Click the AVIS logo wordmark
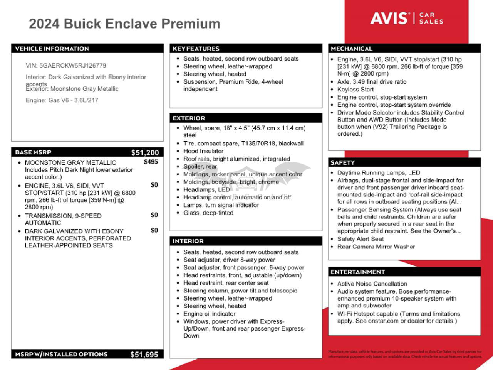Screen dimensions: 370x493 point(389,18)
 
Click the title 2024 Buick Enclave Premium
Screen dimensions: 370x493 point(124,24)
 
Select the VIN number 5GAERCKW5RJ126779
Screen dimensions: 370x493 point(73,66)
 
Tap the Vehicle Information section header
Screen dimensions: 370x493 point(52,49)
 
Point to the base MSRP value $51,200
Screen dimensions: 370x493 point(145,152)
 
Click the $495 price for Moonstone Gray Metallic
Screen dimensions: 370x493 point(151,162)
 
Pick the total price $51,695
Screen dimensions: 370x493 point(144,355)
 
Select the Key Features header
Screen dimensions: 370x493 point(196,49)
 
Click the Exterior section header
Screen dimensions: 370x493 point(189,118)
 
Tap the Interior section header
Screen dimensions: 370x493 point(188,241)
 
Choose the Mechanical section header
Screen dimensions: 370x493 point(352,49)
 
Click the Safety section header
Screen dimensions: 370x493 point(342,162)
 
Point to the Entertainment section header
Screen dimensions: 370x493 point(358,272)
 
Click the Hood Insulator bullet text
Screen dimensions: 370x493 point(203,151)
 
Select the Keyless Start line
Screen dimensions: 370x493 point(355,90)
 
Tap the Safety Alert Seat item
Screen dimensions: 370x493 point(361,239)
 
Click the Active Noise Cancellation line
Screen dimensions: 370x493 point(372,284)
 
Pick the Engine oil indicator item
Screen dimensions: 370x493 point(210,314)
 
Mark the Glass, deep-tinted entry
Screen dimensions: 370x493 point(208,213)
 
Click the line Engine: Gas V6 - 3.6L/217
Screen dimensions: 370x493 point(62,100)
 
